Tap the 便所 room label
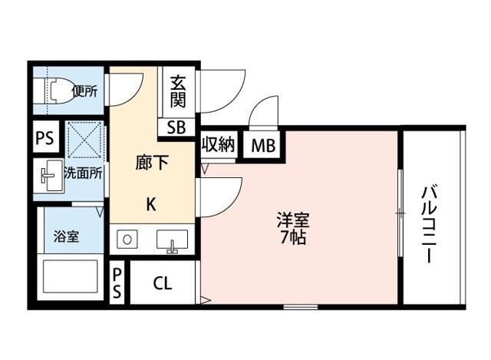(84, 91)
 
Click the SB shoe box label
(176, 127)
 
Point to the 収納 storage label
(218, 144)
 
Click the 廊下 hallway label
(151, 163)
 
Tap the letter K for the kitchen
(151, 204)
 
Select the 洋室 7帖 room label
(292, 228)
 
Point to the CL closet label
(162, 283)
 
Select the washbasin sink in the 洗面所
(50, 177)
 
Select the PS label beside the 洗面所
(44, 138)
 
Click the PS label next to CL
(117, 282)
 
